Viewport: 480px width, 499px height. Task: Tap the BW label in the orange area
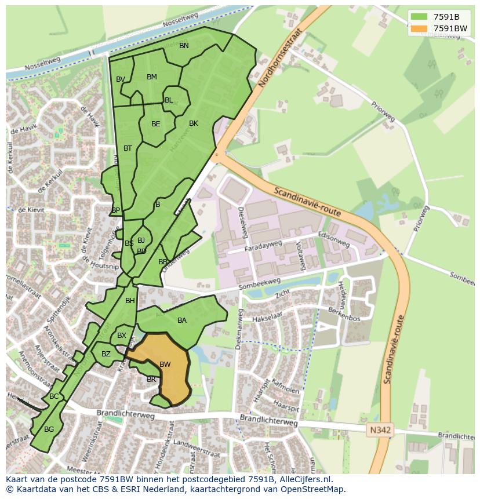165,365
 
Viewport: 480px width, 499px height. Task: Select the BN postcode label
184,46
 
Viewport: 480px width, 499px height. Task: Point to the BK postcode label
194,123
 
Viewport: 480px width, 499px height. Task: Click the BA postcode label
182,320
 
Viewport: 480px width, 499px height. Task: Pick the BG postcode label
49,429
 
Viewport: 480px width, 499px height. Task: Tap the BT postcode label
128,148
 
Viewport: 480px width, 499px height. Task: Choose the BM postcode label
152,77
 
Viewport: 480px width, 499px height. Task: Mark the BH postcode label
130,301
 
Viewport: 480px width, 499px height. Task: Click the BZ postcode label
106,354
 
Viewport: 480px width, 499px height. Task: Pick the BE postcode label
156,124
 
